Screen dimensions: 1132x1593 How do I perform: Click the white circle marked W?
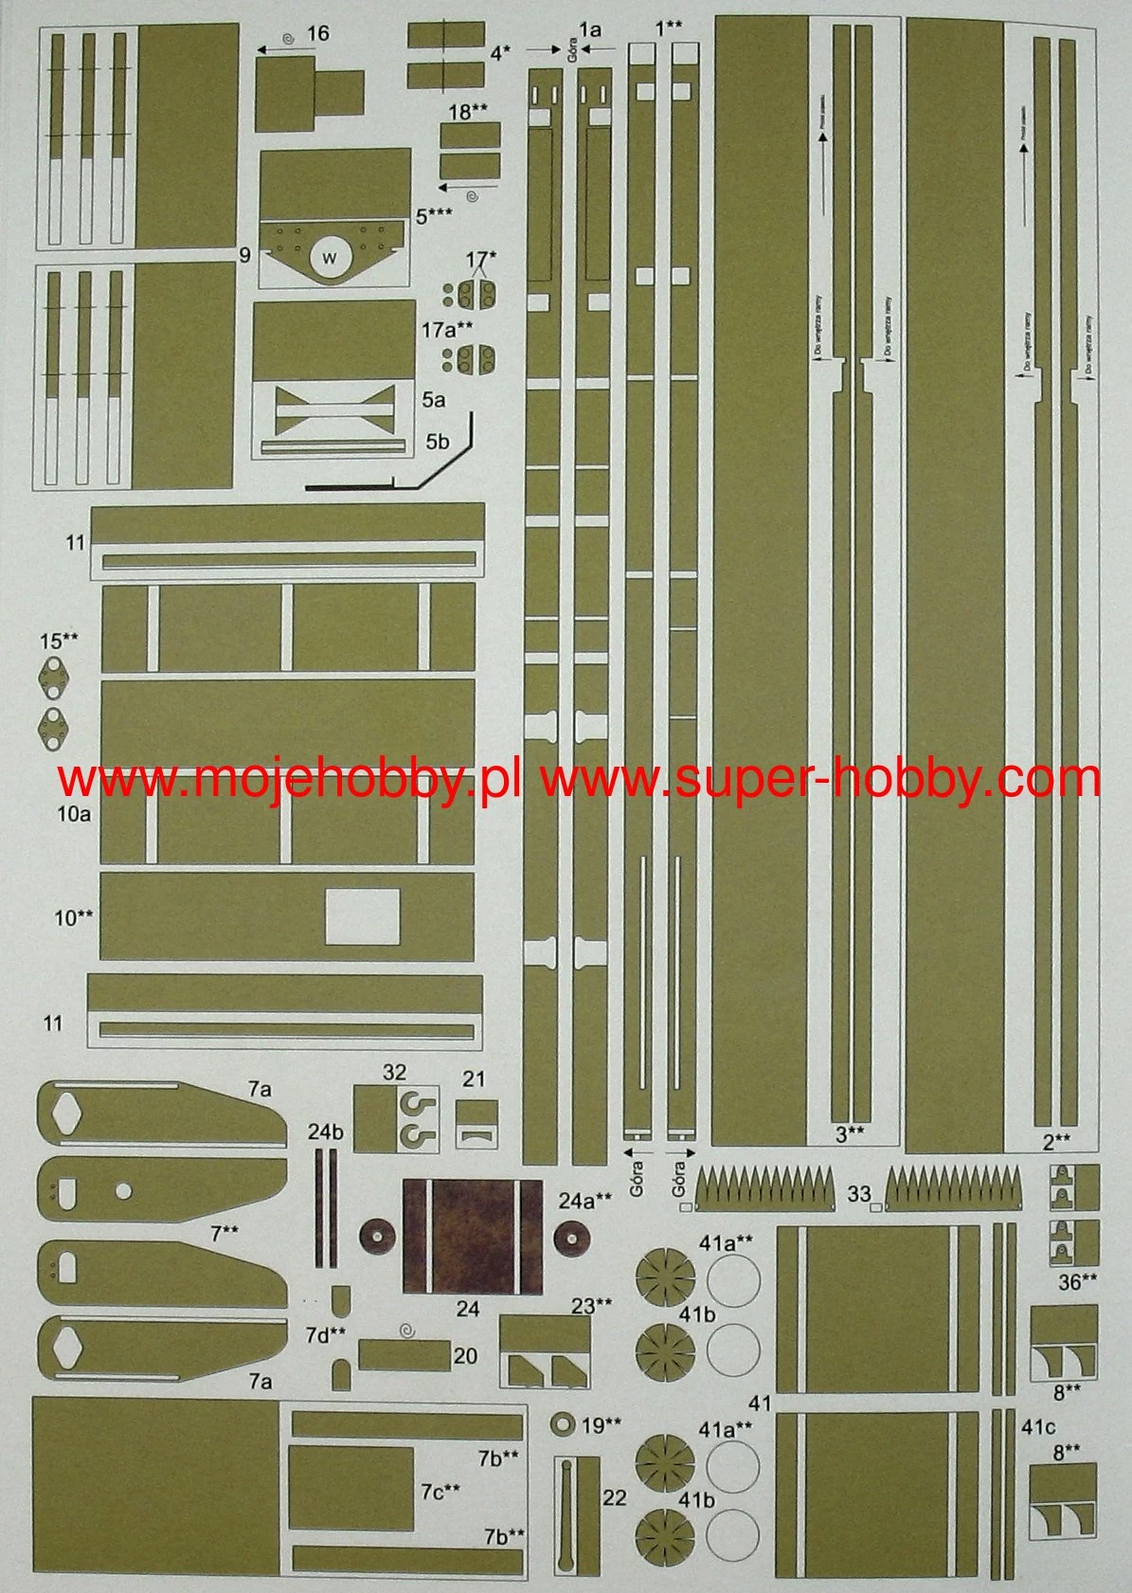[330, 257]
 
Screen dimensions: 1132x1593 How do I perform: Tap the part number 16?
[318, 34]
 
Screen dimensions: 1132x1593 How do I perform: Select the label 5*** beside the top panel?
[433, 217]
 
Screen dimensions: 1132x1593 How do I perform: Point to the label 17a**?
[447, 330]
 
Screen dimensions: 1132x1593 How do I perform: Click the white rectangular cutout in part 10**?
[363, 916]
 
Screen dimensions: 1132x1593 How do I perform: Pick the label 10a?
[72, 814]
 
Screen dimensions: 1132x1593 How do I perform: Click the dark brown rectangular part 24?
[473, 1236]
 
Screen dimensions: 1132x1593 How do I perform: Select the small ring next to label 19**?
[563, 1423]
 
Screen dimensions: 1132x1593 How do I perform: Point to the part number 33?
[858, 1195]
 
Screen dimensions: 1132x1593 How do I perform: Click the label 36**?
[1078, 1282]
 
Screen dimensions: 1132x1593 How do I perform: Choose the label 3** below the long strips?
[849, 1131]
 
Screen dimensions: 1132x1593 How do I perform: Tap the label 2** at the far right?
[1056, 1141]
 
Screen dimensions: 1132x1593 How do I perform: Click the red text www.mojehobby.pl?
[289, 779]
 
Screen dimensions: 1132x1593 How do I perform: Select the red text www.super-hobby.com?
[820, 779]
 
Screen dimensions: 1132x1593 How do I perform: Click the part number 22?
[615, 1497]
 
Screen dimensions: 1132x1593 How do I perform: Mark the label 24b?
[325, 1131]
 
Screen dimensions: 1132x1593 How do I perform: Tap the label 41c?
[1038, 1426]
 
